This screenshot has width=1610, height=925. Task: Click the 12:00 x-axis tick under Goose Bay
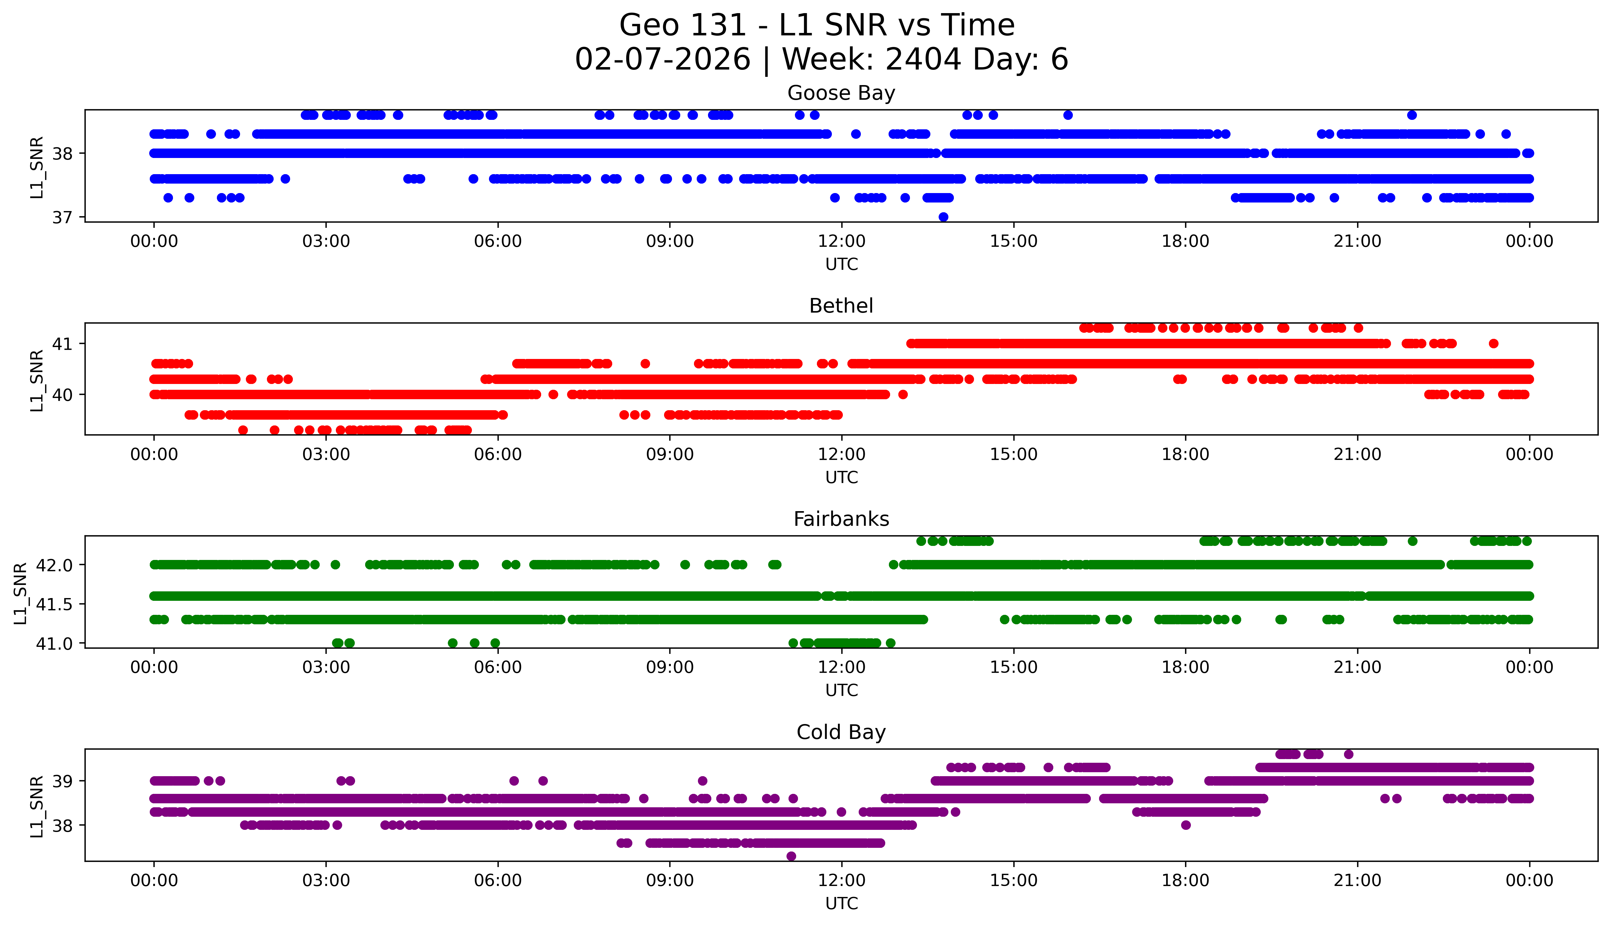tap(841, 242)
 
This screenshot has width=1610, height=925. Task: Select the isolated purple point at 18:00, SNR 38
tap(1186, 825)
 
